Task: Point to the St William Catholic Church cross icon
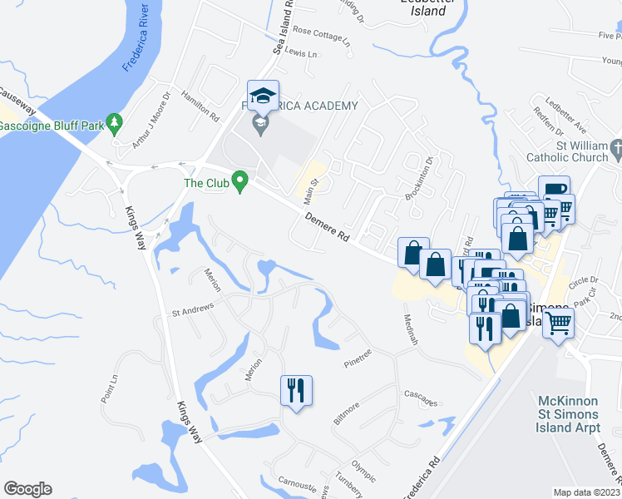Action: (x=615, y=150)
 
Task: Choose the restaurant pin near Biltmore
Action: (x=296, y=389)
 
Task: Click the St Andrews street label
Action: (x=193, y=309)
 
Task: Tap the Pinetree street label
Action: (x=361, y=362)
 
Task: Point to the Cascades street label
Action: (x=421, y=398)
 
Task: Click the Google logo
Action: (x=27, y=489)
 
